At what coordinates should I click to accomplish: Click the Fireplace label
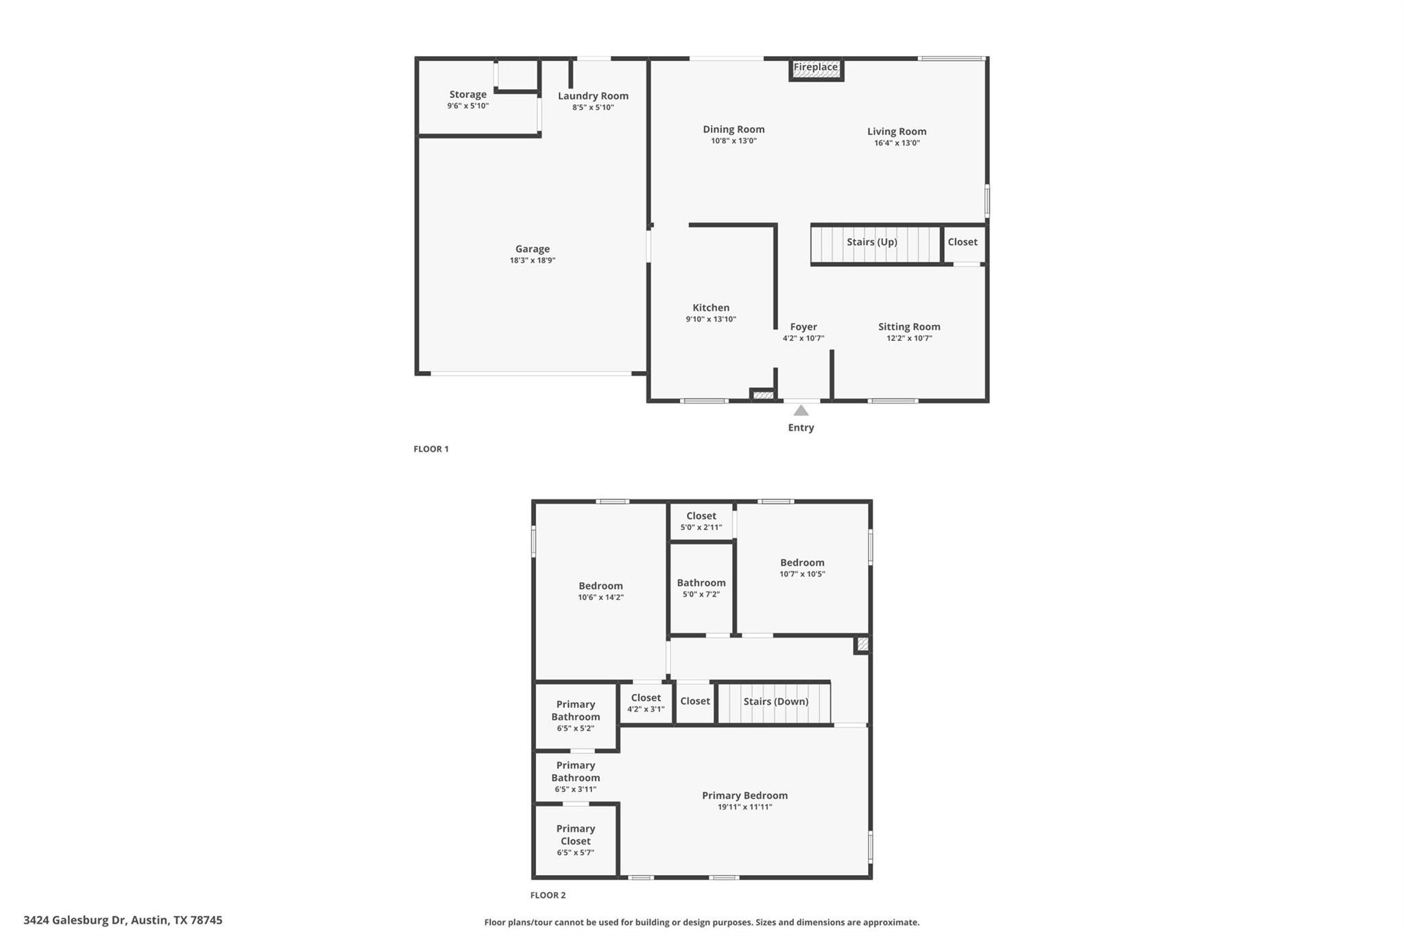(x=815, y=67)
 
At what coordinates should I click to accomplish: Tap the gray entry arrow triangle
(x=801, y=410)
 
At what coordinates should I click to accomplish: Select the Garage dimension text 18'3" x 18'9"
(x=532, y=261)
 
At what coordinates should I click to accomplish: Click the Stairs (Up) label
(x=871, y=242)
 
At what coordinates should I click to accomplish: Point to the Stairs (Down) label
(x=775, y=701)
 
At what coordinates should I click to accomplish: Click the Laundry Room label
(x=593, y=96)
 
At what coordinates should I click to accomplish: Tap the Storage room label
(x=468, y=95)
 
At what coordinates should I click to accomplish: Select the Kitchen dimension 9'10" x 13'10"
(x=711, y=320)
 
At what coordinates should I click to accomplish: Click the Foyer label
(x=803, y=327)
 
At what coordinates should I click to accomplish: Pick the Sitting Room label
(x=909, y=327)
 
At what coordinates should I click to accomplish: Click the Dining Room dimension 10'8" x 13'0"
(x=734, y=141)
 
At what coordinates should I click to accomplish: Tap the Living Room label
(x=897, y=132)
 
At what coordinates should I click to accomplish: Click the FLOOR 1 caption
(x=431, y=449)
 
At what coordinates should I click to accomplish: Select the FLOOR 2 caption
(x=548, y=895)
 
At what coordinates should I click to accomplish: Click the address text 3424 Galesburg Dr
(x=75, y=920)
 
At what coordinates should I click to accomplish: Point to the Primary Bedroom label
(x=745, y=795)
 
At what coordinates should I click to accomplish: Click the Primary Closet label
(x=575, y=835)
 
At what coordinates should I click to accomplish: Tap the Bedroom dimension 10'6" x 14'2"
(x=601, y=597)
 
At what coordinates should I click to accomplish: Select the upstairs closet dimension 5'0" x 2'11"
(x=701, y=527)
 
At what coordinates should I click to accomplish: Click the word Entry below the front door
(x=801, y=428)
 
